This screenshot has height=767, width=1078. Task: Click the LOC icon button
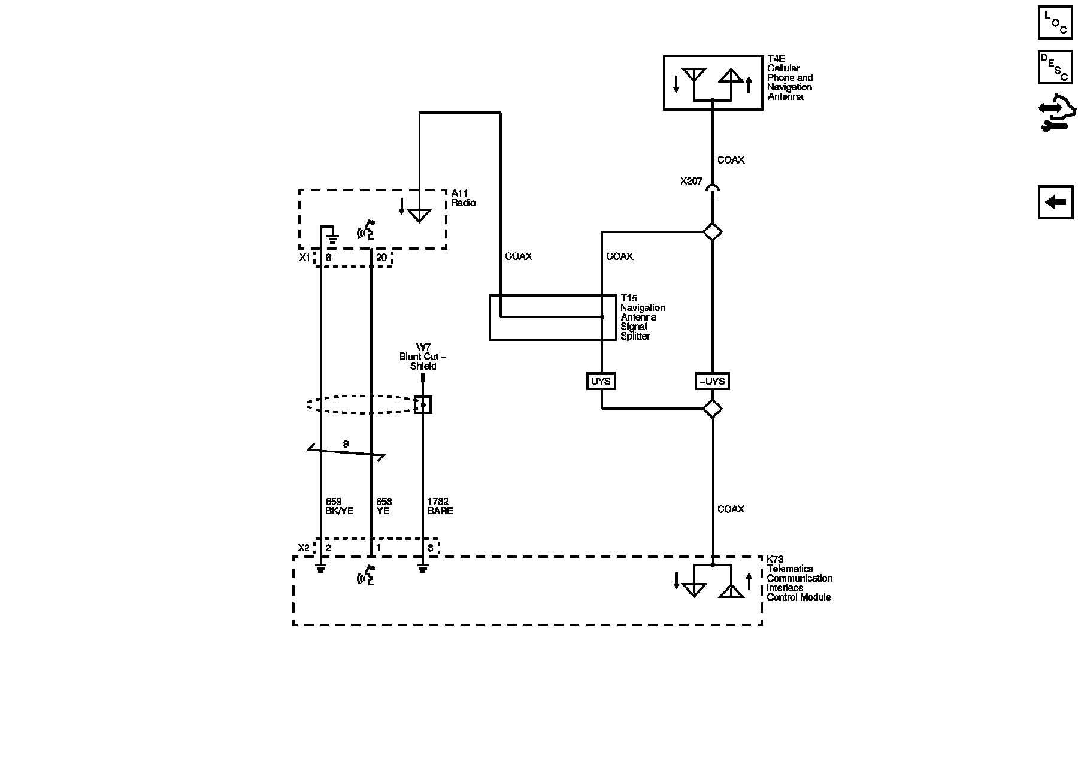[x=1055, y=22]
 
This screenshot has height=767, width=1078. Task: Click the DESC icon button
[x=1055, y=67]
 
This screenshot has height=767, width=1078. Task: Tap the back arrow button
[x=1055, y=202]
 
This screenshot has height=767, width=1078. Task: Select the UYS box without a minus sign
[x=601, y=381]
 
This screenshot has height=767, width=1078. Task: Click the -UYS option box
[x=712, y=381]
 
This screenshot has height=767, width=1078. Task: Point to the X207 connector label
[x=691, y=180]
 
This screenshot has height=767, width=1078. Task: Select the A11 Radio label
[x=464, y=198]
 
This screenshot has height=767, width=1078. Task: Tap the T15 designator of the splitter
[x=629, y=298]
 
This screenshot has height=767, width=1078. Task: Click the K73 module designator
[x=775, y=560]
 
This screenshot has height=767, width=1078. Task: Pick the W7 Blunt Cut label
[x=423, y=357]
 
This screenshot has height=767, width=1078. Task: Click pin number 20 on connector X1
[x=381, y=258]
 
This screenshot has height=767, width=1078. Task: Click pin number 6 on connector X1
[x=328, y=258]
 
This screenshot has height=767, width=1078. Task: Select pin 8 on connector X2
[x=430, y=548]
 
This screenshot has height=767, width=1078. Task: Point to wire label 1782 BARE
[x=440, y=506]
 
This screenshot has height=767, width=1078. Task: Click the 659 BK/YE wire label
[x=339, y=506]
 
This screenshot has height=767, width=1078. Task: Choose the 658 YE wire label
[x=384, y=506]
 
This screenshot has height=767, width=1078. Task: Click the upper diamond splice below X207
[x=712, y=232]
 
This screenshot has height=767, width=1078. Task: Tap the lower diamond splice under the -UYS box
[x=712, y=409]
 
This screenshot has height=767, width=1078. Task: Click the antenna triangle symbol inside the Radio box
[x=419, y=215]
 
